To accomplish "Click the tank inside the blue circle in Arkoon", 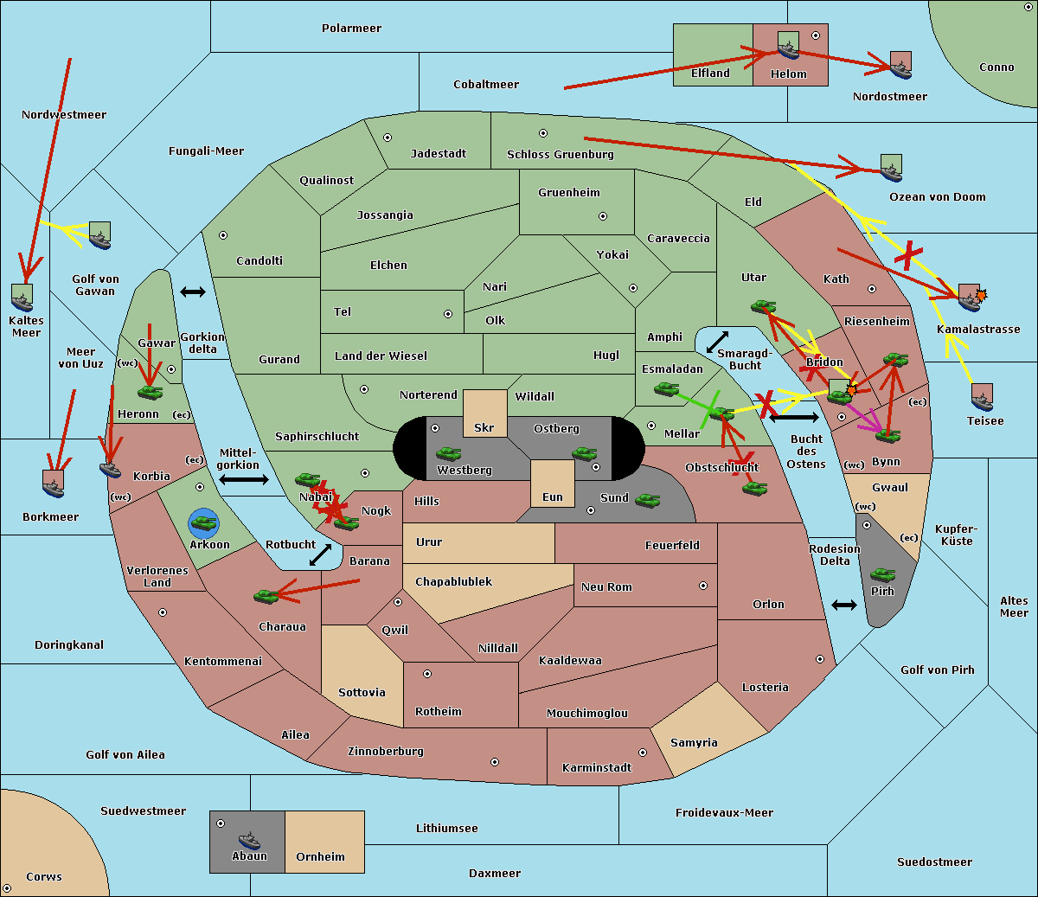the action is [x=204, y=523].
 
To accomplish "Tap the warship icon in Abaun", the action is [x=249, y=840].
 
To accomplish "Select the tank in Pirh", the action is [x=883, y=574].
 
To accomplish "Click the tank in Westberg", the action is [x=448, y=454].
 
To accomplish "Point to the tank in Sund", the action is [x=647, y=500].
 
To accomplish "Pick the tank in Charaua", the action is [x=266, y=596].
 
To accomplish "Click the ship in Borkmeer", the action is [x=54, y=484].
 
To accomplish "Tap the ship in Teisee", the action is [x=983, y=398].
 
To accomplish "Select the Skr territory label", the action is [x=484, y=427].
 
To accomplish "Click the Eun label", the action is [x=553, y=497].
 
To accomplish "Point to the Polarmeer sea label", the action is [x=351, y=29].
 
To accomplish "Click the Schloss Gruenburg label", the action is [x=561, y=154].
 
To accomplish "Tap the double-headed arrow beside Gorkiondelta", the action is [x=193, y=292].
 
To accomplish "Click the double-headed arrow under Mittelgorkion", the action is [x=244, y=479].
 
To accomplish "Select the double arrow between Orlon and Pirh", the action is [x=844, y=605].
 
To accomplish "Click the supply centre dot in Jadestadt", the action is [x=388, y=138].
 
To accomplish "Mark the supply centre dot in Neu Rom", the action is [x=703, y=586].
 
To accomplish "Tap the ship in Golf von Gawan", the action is [x=100, y=235].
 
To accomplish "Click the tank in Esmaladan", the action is [x=666, y=388].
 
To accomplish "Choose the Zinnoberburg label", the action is [x=386, y=752].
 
